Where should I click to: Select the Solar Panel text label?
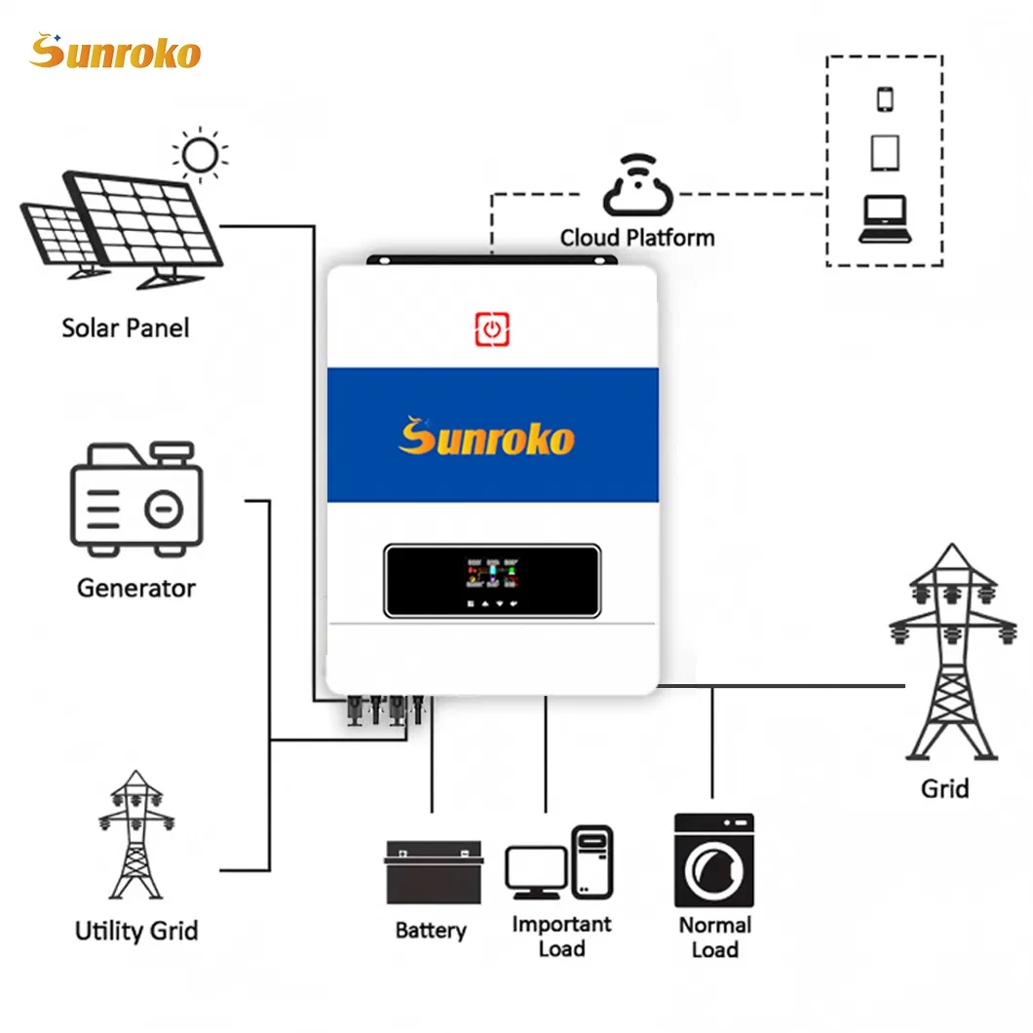click(126, 327)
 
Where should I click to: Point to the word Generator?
click(135, 588)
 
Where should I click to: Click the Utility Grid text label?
click(135, 931)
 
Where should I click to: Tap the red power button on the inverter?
click(492, 328)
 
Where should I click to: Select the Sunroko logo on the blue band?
click(486, 436)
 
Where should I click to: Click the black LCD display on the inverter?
click(492, 581)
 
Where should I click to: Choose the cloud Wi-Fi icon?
click(637, 188)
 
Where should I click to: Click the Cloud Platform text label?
click(637, 238)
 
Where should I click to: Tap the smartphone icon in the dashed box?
click(885, 99)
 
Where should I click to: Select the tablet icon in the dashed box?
click(885, 153)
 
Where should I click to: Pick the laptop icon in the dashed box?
click(884, 218)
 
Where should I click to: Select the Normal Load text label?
click(715, 937)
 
